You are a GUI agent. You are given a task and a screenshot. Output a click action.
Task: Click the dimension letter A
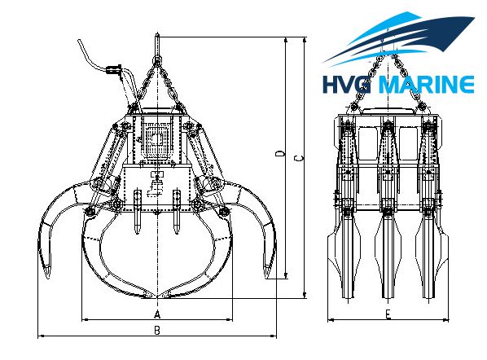[157, 314]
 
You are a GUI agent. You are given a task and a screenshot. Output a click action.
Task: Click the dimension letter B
[157, 331]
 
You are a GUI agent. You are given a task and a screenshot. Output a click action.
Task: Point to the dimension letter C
[299, 158]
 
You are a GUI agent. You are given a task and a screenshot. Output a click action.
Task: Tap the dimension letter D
[280, 153]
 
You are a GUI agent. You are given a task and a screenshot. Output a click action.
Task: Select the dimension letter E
[388, 314]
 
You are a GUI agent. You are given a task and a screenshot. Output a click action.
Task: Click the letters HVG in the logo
[347, 85]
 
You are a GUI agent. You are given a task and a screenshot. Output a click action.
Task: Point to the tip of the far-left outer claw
[47, 278]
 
